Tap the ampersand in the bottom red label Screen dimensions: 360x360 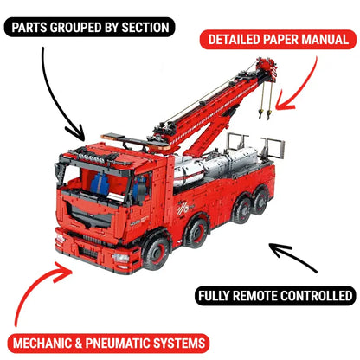click(79, 344)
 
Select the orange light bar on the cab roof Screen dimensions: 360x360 click(112, 137)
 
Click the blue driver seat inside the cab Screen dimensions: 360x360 click(100, 183)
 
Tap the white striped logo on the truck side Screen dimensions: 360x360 click(183, 209)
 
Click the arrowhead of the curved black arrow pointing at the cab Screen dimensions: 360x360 click(76, 132)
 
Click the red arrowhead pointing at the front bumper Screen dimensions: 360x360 click(64, 271)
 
